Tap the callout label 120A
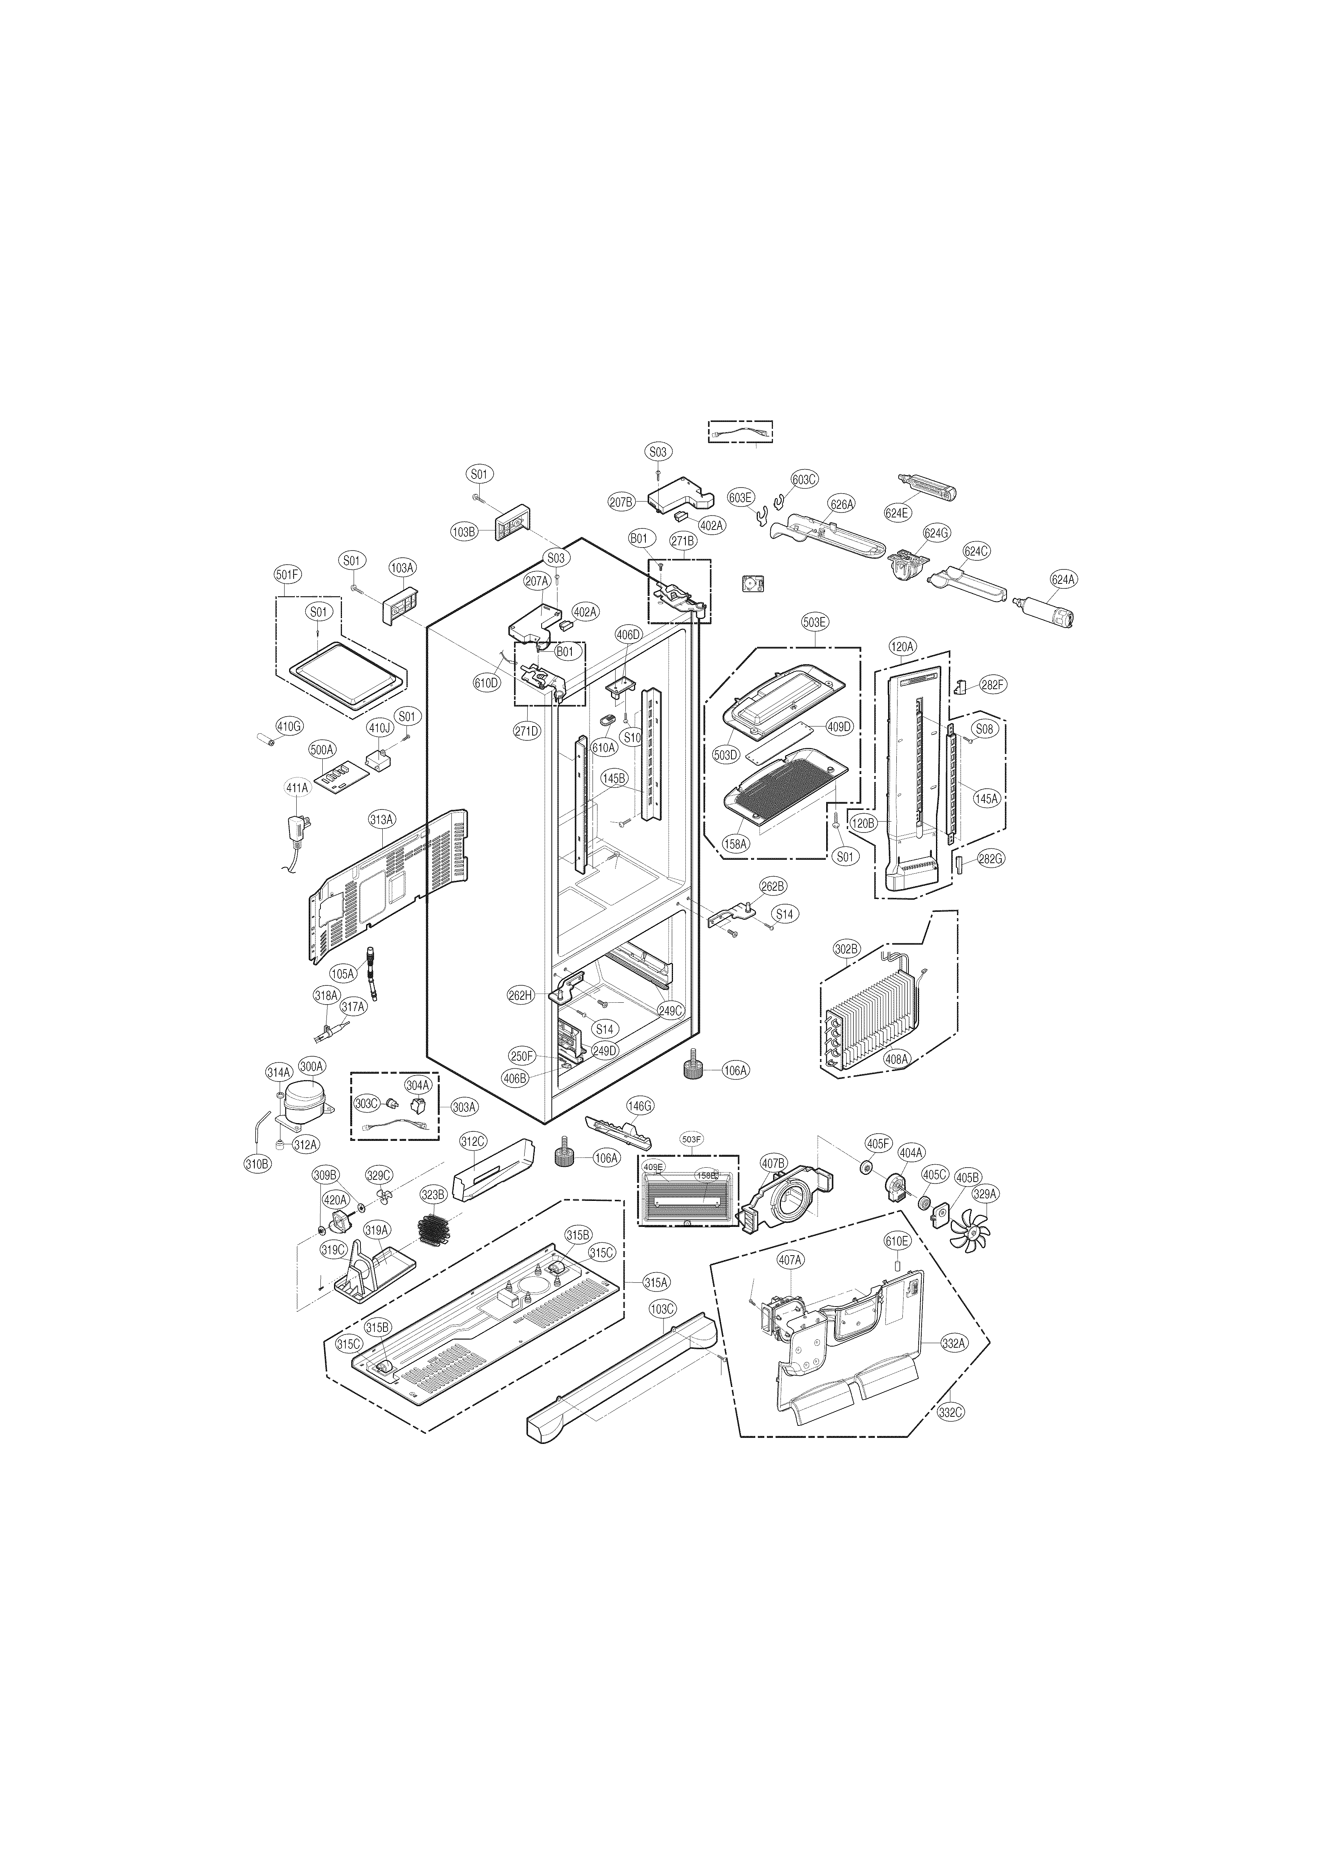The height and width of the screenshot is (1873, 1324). tap(902, 646)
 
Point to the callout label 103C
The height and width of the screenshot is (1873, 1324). tap(662, 1308)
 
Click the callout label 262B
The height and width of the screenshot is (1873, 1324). tap(773, 885)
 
